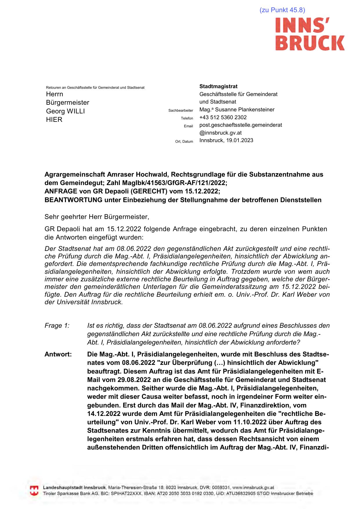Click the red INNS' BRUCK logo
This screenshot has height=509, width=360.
310,34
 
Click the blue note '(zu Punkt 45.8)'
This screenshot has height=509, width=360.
282,10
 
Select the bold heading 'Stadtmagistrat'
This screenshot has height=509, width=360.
218,86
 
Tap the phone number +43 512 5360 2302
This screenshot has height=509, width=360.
223,117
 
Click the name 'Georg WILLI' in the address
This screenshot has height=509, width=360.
65,111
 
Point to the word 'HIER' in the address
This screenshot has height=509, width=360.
54,119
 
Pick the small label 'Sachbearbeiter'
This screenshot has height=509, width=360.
180,111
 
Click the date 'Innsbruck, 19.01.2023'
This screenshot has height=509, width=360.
226,140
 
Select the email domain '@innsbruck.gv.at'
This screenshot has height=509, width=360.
220,133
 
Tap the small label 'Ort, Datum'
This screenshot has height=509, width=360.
184,142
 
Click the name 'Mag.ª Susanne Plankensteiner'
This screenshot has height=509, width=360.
237,110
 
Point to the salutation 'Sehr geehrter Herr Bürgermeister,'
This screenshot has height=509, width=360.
97,217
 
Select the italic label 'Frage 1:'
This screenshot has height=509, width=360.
57,326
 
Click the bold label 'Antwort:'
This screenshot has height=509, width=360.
58,354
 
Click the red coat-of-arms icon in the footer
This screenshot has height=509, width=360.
34,490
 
